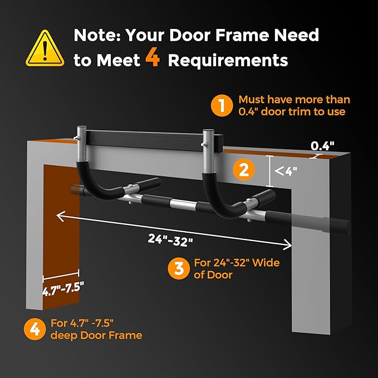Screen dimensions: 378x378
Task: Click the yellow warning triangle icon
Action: point(45,48)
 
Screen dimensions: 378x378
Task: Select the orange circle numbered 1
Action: point(222,106)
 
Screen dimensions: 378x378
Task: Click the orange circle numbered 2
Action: point(244,170)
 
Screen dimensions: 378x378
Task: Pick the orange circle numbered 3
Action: point(179,268)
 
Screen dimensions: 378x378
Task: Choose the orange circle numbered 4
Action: point(35,329)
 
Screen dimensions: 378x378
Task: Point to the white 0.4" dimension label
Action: point(322,146)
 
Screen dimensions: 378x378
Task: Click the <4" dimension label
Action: point(286,171)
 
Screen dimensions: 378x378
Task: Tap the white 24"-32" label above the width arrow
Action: point(170,240)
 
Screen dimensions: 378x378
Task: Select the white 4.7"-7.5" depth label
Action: point(63,288)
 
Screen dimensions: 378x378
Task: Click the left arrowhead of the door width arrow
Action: point(60,216)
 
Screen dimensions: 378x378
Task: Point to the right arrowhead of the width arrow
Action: point(287,245)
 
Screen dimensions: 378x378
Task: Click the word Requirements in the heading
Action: point(228,60)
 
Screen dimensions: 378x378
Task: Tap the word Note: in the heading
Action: point(97,35)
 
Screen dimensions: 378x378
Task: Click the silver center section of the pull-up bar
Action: point(183,205)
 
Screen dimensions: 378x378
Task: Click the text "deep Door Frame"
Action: point(96,335)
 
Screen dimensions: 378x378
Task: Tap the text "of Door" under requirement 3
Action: point(213,275)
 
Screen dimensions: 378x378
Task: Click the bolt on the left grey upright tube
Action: point(77,138)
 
